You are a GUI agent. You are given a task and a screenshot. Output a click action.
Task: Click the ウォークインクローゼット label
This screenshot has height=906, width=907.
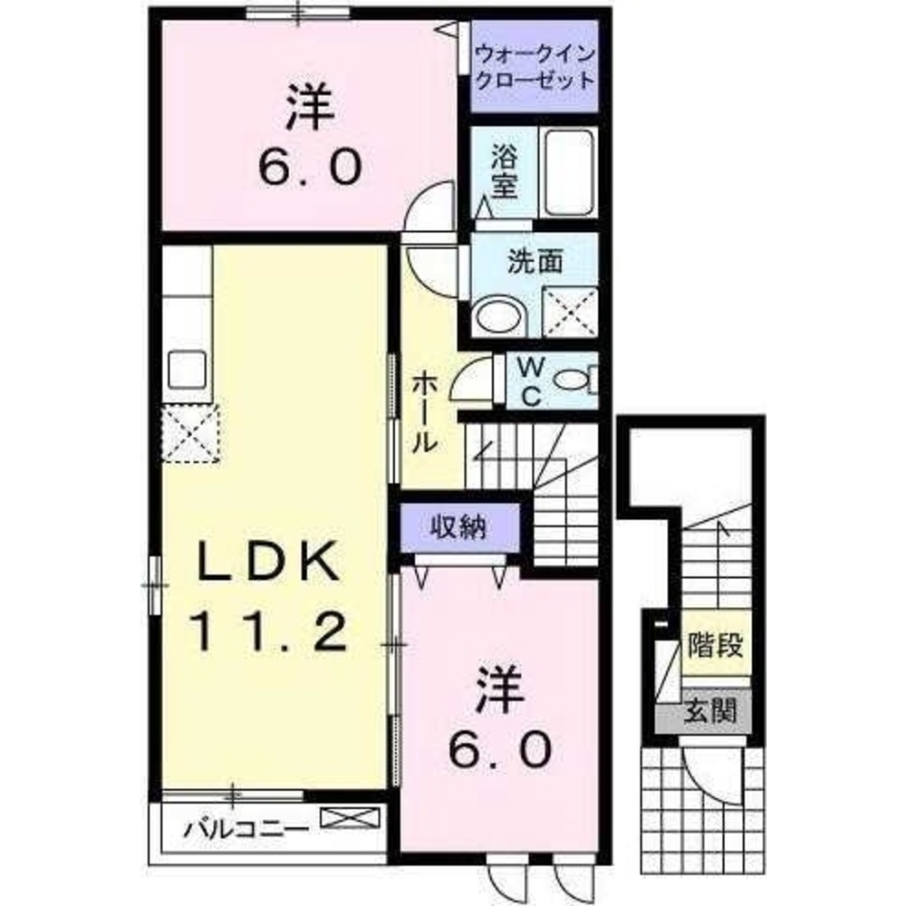[x=536, y=65]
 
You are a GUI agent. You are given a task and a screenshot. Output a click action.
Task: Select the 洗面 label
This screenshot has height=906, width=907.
[x=535, y=262]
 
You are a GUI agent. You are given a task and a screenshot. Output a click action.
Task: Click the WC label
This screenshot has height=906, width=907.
[x=530, y=381]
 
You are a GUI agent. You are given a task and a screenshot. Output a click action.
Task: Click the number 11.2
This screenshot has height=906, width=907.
[x=268, y=631]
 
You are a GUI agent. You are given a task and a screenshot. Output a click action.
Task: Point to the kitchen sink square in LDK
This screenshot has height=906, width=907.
[x=188, y=370]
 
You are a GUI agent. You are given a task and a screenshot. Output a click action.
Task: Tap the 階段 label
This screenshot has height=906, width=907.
[x=717, y=647]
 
